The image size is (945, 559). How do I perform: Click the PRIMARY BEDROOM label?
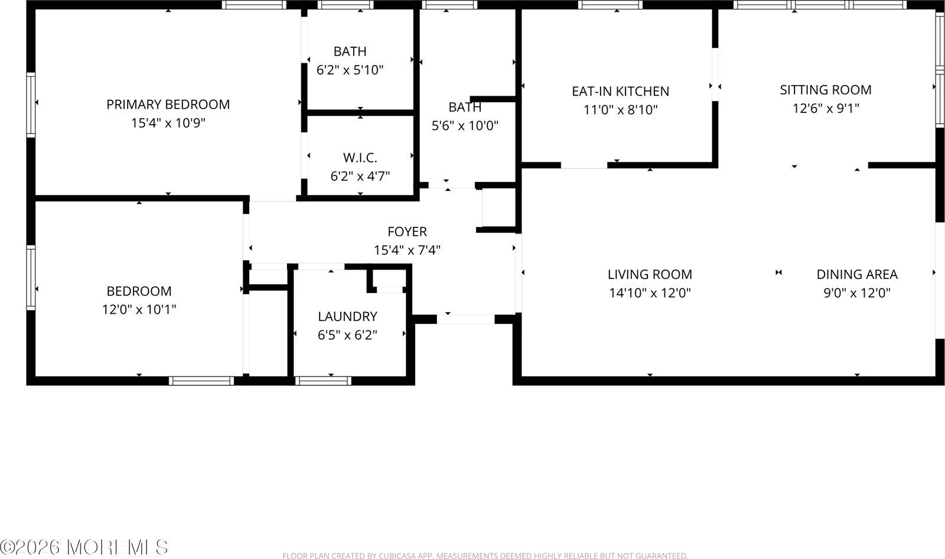tap(168, 105)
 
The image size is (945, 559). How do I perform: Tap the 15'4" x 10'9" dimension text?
tap(168, 123)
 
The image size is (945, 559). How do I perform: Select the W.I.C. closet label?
tap(360, 158)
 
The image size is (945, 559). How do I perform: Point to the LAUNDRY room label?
tap(347, 316)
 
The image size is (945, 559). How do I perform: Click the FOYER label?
tap(407, 232)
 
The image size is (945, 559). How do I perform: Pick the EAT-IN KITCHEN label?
tap(620, 91)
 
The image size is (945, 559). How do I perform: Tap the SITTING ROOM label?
tap(825, 90)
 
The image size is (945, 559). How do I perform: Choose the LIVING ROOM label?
tap(650, 274)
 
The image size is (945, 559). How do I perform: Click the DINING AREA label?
tap(856, 274)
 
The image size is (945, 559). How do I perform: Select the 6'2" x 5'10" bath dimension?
tap(350, 70)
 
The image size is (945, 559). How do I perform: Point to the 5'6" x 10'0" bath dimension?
tap(465, 125)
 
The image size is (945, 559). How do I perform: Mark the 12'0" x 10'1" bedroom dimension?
tap(139, 309)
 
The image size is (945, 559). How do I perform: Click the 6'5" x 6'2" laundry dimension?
tap(347, 335)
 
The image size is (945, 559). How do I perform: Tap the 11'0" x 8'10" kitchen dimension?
tap(620, 109)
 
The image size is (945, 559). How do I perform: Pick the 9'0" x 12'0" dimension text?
tap(856, 292)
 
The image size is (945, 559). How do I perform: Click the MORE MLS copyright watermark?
tap(84, 547)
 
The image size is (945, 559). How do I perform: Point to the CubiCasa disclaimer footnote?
tap(485, 555)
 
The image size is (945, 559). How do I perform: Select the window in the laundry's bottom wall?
tap(323, 381)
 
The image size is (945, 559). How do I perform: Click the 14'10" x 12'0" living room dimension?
tap(650, 292)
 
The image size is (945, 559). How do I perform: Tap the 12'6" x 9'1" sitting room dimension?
tap(825, 108)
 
